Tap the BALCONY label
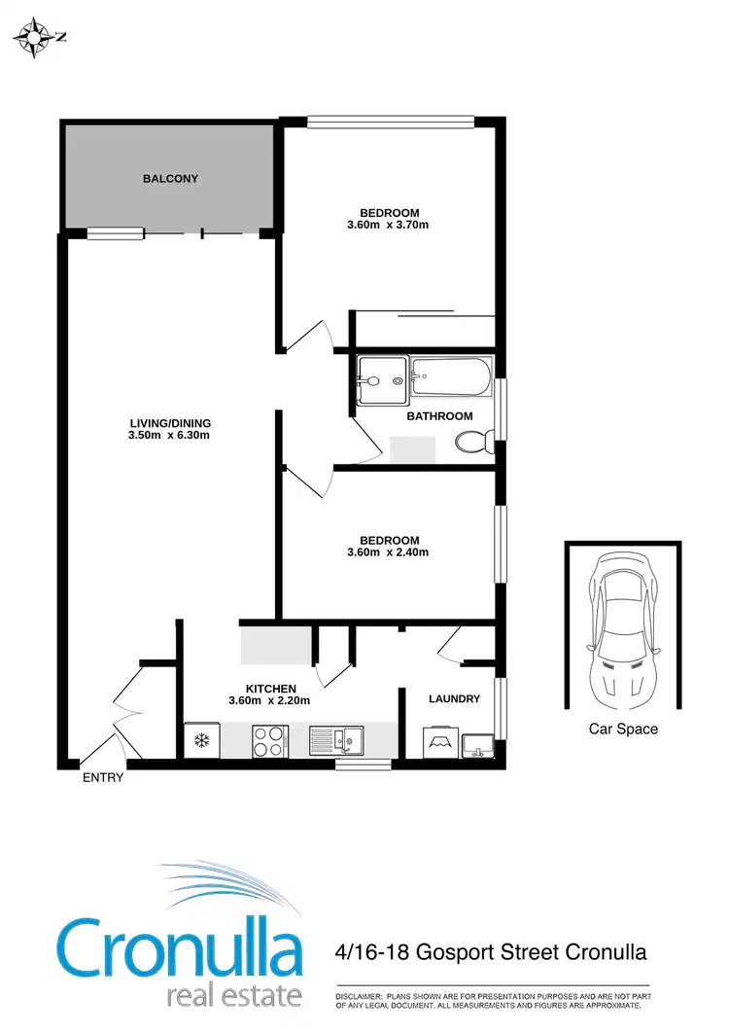[170, 178]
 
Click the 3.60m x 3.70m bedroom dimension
[389, 226]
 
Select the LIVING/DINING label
[170, 423]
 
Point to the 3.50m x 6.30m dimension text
[170, 436]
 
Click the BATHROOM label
[439, 416]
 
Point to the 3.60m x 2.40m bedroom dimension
[389, 552]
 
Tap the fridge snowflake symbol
[202, 741]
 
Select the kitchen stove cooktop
[268, 741]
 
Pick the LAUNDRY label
[454, 698]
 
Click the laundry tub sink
[476, 745]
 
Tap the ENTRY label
[103, 777]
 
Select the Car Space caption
[623, 729]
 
